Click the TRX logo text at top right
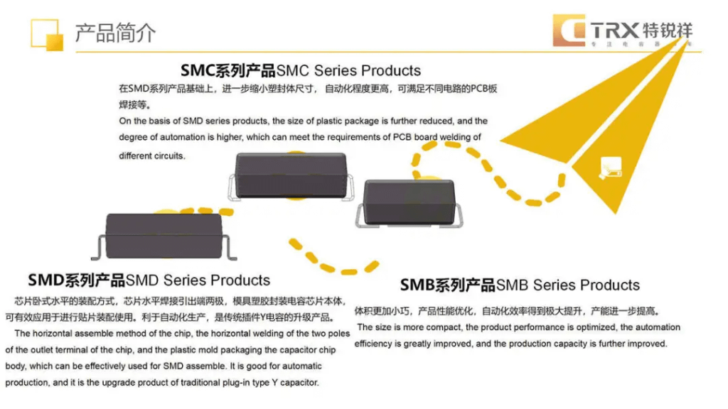(614, 31)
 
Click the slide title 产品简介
(115, 33)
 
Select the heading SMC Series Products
(301, 70)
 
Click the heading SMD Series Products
(149, 280)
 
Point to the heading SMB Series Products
(520, 285)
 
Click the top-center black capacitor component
(290, 175)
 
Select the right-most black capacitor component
(412, 202)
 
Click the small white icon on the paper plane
(610, 165)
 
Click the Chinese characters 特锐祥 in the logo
(666, 31)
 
